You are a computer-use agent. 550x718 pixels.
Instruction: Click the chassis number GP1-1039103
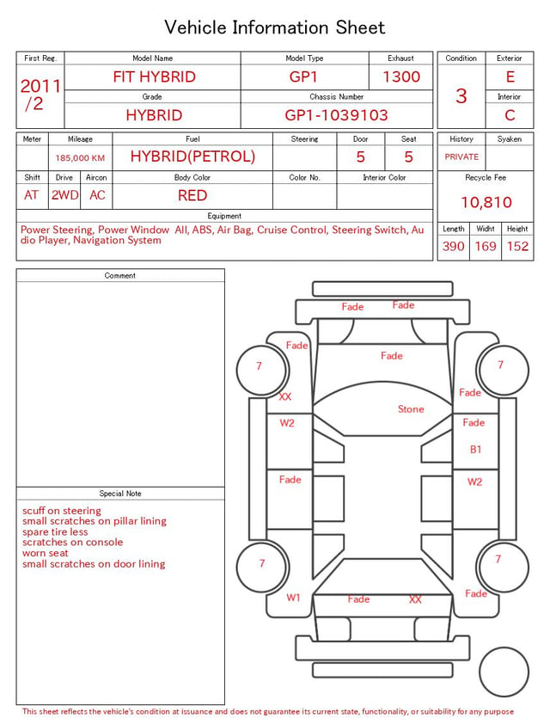pos(336,115)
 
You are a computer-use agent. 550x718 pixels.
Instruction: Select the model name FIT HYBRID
pos(154,77)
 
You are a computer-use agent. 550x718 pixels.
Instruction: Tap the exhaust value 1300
pos(401,77)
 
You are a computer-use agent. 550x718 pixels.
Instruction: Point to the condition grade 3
pos(461,96)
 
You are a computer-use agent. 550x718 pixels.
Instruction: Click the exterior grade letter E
pos(510,77)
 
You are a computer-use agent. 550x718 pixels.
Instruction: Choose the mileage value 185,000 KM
pos(80,158)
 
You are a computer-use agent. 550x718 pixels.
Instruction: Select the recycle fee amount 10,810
pos(486,202)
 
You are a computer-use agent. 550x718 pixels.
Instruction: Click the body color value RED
pos(192,195)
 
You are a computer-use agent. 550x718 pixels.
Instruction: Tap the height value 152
pos(517,246)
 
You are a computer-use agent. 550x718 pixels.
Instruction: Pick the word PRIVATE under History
pos(461,156)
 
